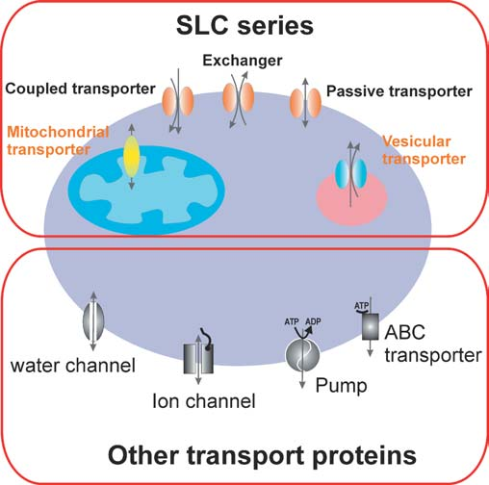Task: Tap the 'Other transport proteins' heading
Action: click(x=244, y=453)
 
